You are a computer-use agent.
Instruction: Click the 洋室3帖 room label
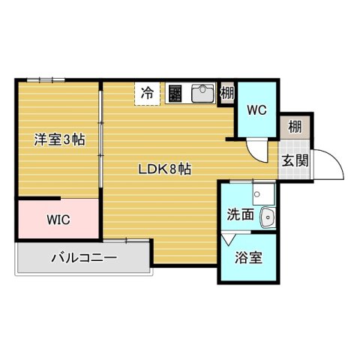[58, 139]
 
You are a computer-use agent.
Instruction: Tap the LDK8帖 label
[164, 169]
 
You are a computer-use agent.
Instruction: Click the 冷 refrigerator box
[148, 94]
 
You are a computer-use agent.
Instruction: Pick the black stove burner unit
[174, 93]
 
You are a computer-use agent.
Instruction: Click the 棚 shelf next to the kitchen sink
[226, 94]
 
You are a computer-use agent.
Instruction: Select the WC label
[257, 110]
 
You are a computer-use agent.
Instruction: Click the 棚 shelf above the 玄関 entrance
[295, 127]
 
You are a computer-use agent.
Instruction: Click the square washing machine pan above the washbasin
[262, 194]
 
